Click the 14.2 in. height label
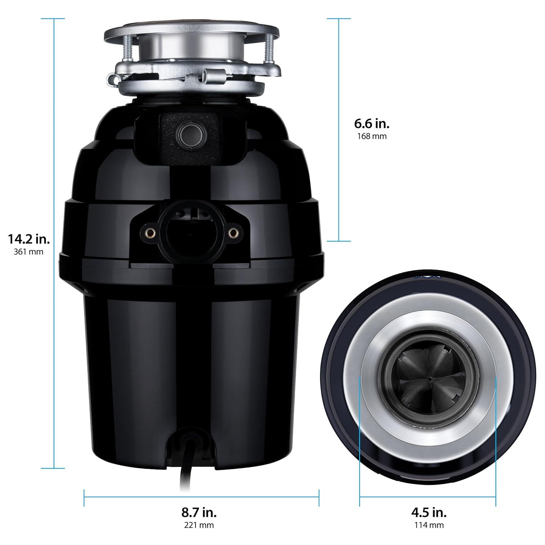(x=29, y=239)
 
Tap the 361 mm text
(x=28, y=252)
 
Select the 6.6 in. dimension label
(x=372, y=124)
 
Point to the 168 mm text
(x=372, y=136)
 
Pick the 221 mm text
(x=199, y=525)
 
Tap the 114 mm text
(x=429, y=525)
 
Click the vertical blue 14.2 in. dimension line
(x=54, y=145)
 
